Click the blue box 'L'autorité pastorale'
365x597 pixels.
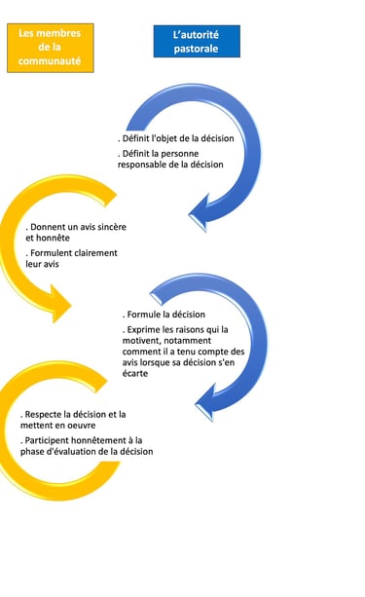[x=197, y=42]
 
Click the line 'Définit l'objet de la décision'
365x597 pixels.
[x=177, y=138]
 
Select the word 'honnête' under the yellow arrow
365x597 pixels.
[x=54, y=238]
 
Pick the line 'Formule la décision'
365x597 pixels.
[x=164, y=315]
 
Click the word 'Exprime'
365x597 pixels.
[x=145, y=331]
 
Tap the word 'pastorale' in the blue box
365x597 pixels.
[x=197, y=49]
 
